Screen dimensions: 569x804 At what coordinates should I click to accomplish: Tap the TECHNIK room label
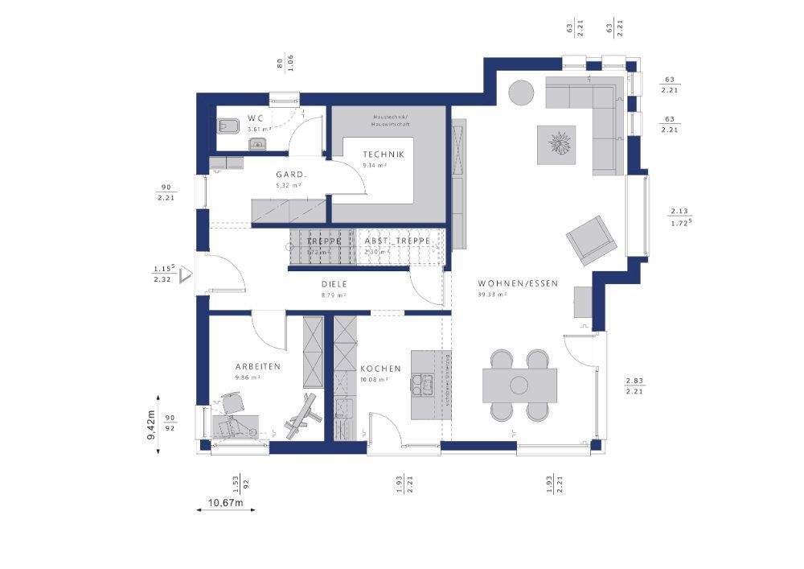coord(383,155)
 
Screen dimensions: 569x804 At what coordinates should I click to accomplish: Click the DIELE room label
coord(334,284)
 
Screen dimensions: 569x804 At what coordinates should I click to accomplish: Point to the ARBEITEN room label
coord(257,365)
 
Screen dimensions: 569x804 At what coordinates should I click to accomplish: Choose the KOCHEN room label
coord(380,369)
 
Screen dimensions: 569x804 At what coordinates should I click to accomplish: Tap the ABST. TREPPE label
coord(397,241)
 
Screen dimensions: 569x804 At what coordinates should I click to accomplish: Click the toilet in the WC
coord(226,126)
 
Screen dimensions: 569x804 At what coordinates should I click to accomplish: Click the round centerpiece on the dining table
coord(519,385)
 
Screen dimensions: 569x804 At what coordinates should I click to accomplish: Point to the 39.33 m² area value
coord(490,295)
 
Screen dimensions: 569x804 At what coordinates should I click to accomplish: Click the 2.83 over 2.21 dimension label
coord(634,386)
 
